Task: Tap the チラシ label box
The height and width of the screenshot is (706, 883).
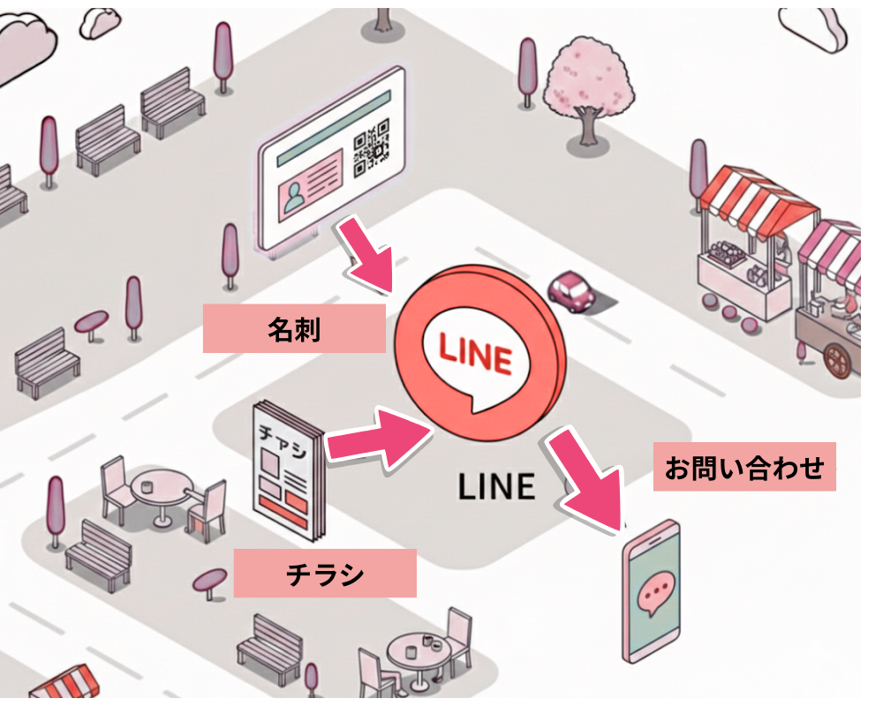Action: [324, 573]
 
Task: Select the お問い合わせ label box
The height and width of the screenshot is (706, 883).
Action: [743, 466]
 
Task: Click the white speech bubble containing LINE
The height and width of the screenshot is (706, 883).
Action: [474, 357]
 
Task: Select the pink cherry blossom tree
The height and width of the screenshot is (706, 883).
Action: [587, 79]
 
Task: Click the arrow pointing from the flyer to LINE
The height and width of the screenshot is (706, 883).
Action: [379, 438]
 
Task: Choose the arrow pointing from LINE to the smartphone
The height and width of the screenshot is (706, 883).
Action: [590, 483]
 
